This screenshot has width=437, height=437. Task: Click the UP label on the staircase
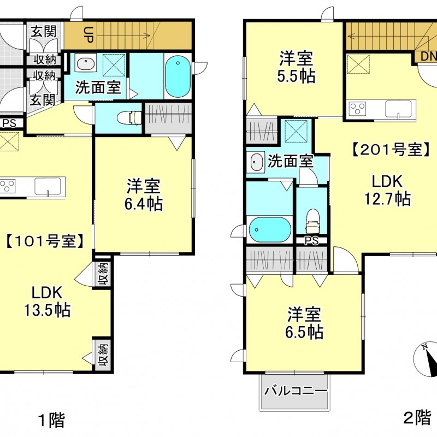pos(88,34)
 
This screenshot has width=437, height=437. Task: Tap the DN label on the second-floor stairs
pos(428,57)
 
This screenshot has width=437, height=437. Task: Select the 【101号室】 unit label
pos(44,241)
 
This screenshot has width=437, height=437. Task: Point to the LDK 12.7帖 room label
pos(387,190)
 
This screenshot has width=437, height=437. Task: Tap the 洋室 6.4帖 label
pos(144,194)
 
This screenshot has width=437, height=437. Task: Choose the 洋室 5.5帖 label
pos(296,67)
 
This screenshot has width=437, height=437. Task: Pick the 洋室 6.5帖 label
pos(304,323)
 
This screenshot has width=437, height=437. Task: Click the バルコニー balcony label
pos(296,391)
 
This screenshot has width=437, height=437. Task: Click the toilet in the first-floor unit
pos(129,117)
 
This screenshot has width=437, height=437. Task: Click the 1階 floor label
pos(51,420)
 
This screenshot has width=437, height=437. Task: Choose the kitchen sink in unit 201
pos(398,109)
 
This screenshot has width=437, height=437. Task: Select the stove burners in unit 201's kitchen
pos(358,109)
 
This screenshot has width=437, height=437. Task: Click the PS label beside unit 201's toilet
pos(311,240)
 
